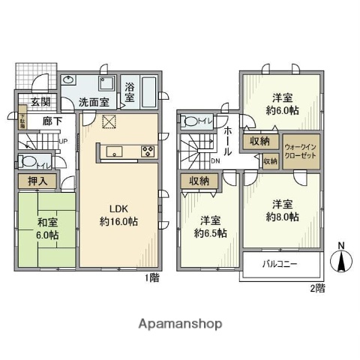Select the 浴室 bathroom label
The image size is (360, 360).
click(129, 93)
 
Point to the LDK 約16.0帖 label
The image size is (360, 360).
click(120, 215)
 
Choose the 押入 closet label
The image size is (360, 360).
click(37, 180)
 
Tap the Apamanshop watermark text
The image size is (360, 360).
click(180, 324)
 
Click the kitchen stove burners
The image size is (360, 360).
click(146, 151)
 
